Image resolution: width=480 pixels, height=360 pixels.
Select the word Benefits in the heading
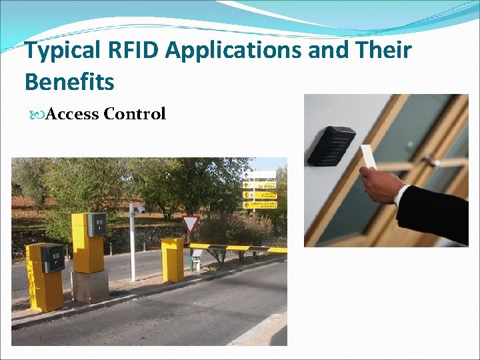pos(69,82)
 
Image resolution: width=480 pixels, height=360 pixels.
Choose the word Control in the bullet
pos(135,114)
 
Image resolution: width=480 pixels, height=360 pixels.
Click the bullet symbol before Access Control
pos(37,115)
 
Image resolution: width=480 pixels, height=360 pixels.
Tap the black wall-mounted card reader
pos(331,146)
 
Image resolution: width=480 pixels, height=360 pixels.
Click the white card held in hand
pos(368,157)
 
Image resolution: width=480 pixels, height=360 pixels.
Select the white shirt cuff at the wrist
pos(400,195)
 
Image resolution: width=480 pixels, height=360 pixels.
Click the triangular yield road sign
pos(191,223)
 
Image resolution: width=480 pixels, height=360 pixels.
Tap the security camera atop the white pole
pos(139,209)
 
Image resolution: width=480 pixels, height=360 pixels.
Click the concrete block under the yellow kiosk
pos(90,286)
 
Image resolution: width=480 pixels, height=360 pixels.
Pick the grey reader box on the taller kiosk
pos(97,225)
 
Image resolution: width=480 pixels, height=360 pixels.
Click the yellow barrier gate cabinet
pos(172,259)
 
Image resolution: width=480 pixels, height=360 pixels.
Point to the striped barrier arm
pos(233,248)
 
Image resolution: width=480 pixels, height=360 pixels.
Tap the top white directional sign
pos(260,175)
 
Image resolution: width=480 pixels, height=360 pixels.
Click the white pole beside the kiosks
pos(133,247)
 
